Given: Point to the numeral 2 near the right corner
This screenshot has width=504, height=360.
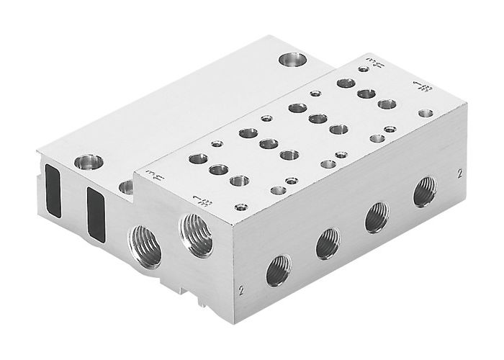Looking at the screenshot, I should (459, 174).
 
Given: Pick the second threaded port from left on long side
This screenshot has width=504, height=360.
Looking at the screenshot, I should (328, 243).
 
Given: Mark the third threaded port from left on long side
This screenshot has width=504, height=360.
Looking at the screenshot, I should (377, 217).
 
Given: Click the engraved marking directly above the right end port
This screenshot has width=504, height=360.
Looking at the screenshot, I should (197, 199).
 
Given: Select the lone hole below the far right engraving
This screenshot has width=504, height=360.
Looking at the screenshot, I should (426, 113).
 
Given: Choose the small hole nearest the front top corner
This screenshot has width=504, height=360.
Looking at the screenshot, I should (276, 191).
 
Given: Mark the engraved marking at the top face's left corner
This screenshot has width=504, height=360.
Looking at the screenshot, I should (153, 174).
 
